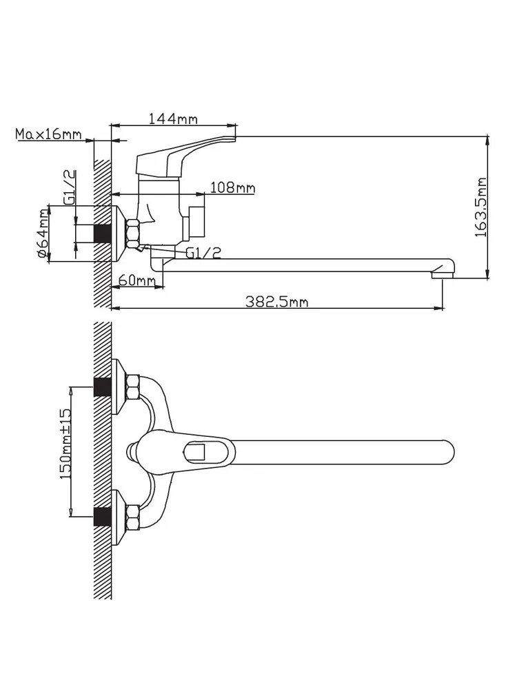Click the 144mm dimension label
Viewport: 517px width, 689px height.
click(173, 119)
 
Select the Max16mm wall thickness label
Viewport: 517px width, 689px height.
click(48, 134)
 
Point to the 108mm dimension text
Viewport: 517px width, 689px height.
click(232, 188)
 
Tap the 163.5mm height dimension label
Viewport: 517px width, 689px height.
click(482, 207)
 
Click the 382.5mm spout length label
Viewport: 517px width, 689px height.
click(276, 302)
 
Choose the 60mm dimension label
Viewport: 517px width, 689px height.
click(136, 280)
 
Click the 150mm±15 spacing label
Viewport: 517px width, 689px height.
click(65, 444)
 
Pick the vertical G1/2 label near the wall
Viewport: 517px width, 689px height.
click(70, 187)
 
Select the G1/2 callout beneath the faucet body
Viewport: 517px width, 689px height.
click(203, 253)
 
